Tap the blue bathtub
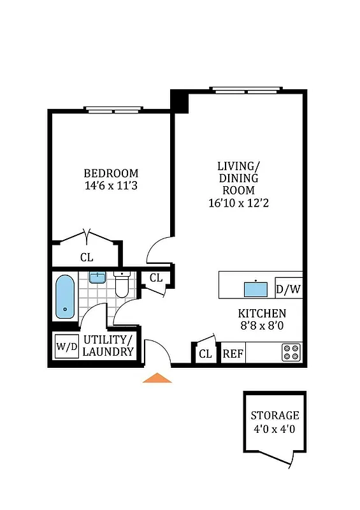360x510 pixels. (65, 296)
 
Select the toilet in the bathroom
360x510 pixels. (122, 285)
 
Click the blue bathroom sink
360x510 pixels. (97, 277)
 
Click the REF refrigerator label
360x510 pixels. (233, 354)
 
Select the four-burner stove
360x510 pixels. (291, 352)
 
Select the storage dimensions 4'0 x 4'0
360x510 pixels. (274, 429)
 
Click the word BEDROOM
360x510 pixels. (111, 173)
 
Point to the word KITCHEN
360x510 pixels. (262, 314)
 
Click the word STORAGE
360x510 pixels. (275, 416)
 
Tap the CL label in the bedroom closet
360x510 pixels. (87, 258)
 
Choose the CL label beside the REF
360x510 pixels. (205, 354)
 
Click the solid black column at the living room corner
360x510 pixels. (180, 101)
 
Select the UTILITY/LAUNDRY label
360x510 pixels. (109, 346)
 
